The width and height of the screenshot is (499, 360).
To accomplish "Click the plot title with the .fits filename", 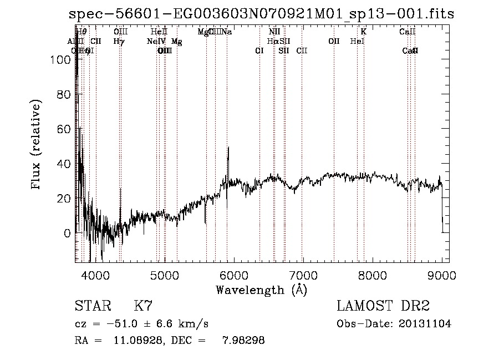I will [261, 14].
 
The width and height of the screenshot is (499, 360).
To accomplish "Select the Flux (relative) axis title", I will [37, 146].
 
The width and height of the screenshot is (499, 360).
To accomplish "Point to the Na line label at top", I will [227, 32].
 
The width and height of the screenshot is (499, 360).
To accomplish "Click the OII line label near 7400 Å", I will [334, 41].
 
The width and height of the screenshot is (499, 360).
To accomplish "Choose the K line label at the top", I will [364, 32].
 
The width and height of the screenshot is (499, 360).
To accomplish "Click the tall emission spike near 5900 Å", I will [228, 149].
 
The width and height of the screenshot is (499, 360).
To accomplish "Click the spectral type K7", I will [142, 306].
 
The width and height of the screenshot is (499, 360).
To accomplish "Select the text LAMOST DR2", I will [383, 306].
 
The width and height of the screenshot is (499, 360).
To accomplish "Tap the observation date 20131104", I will [424, 324].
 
